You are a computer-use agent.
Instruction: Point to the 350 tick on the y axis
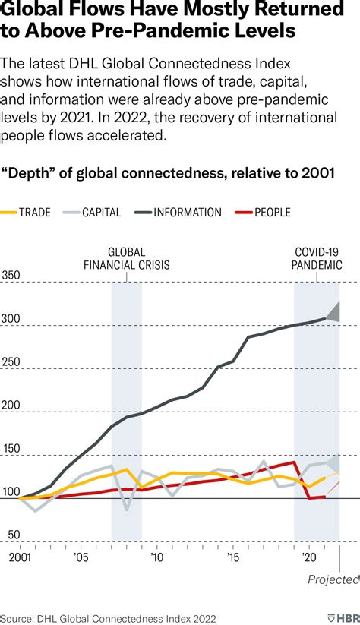pos(11,275)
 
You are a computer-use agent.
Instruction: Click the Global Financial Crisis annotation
pos(127,258)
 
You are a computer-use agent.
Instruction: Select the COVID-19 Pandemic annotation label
pos(317,258)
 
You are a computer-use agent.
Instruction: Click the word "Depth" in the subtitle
pos(28,173)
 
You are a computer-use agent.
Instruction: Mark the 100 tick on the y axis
pos(11,491)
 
